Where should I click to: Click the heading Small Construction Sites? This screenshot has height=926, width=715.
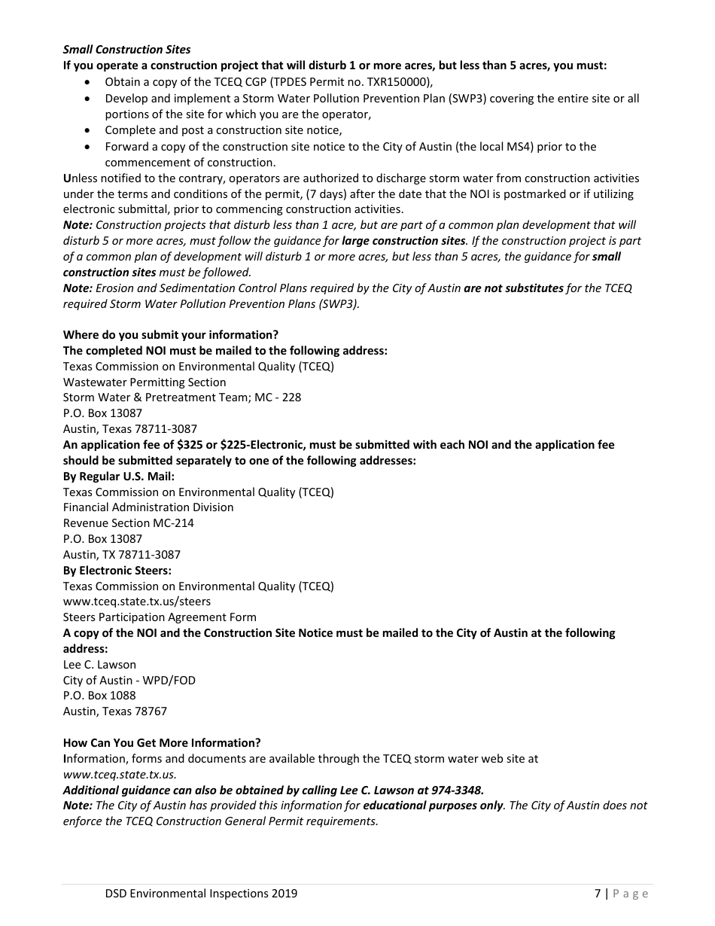pyautogui.click(x=126, y=50)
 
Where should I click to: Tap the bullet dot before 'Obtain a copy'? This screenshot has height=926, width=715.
pyautogui.click(x=90, y=81)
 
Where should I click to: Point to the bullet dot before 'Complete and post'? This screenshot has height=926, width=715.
pyautogui.click(x=90, y=130)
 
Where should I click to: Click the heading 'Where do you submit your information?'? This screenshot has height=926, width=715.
pyautogui.click(x=170, y=335)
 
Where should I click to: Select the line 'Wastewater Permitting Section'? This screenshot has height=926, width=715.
pyautogui.click(x=145, y=382)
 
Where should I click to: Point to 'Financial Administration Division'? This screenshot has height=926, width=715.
pyautogui.click(x=148, y=507)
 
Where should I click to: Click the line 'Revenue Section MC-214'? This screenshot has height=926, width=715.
pyautogui.click(x=128, y=523)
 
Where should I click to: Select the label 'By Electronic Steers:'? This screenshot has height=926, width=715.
pyautogui.click(x=117, y=571)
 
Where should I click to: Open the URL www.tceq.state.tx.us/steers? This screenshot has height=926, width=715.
pyautogui.click(x=137, y=602)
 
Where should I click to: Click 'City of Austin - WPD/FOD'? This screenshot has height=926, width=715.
pyautogui.click(x=129, y=681)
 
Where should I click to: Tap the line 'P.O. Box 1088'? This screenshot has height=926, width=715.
pyautogui.click(x=99, y=696)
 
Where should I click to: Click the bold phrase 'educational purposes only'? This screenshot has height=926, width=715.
pyautogui.click(x=433, y=806)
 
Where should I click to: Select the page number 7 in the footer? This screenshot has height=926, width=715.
pyautogui.click(x=598, y=894)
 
